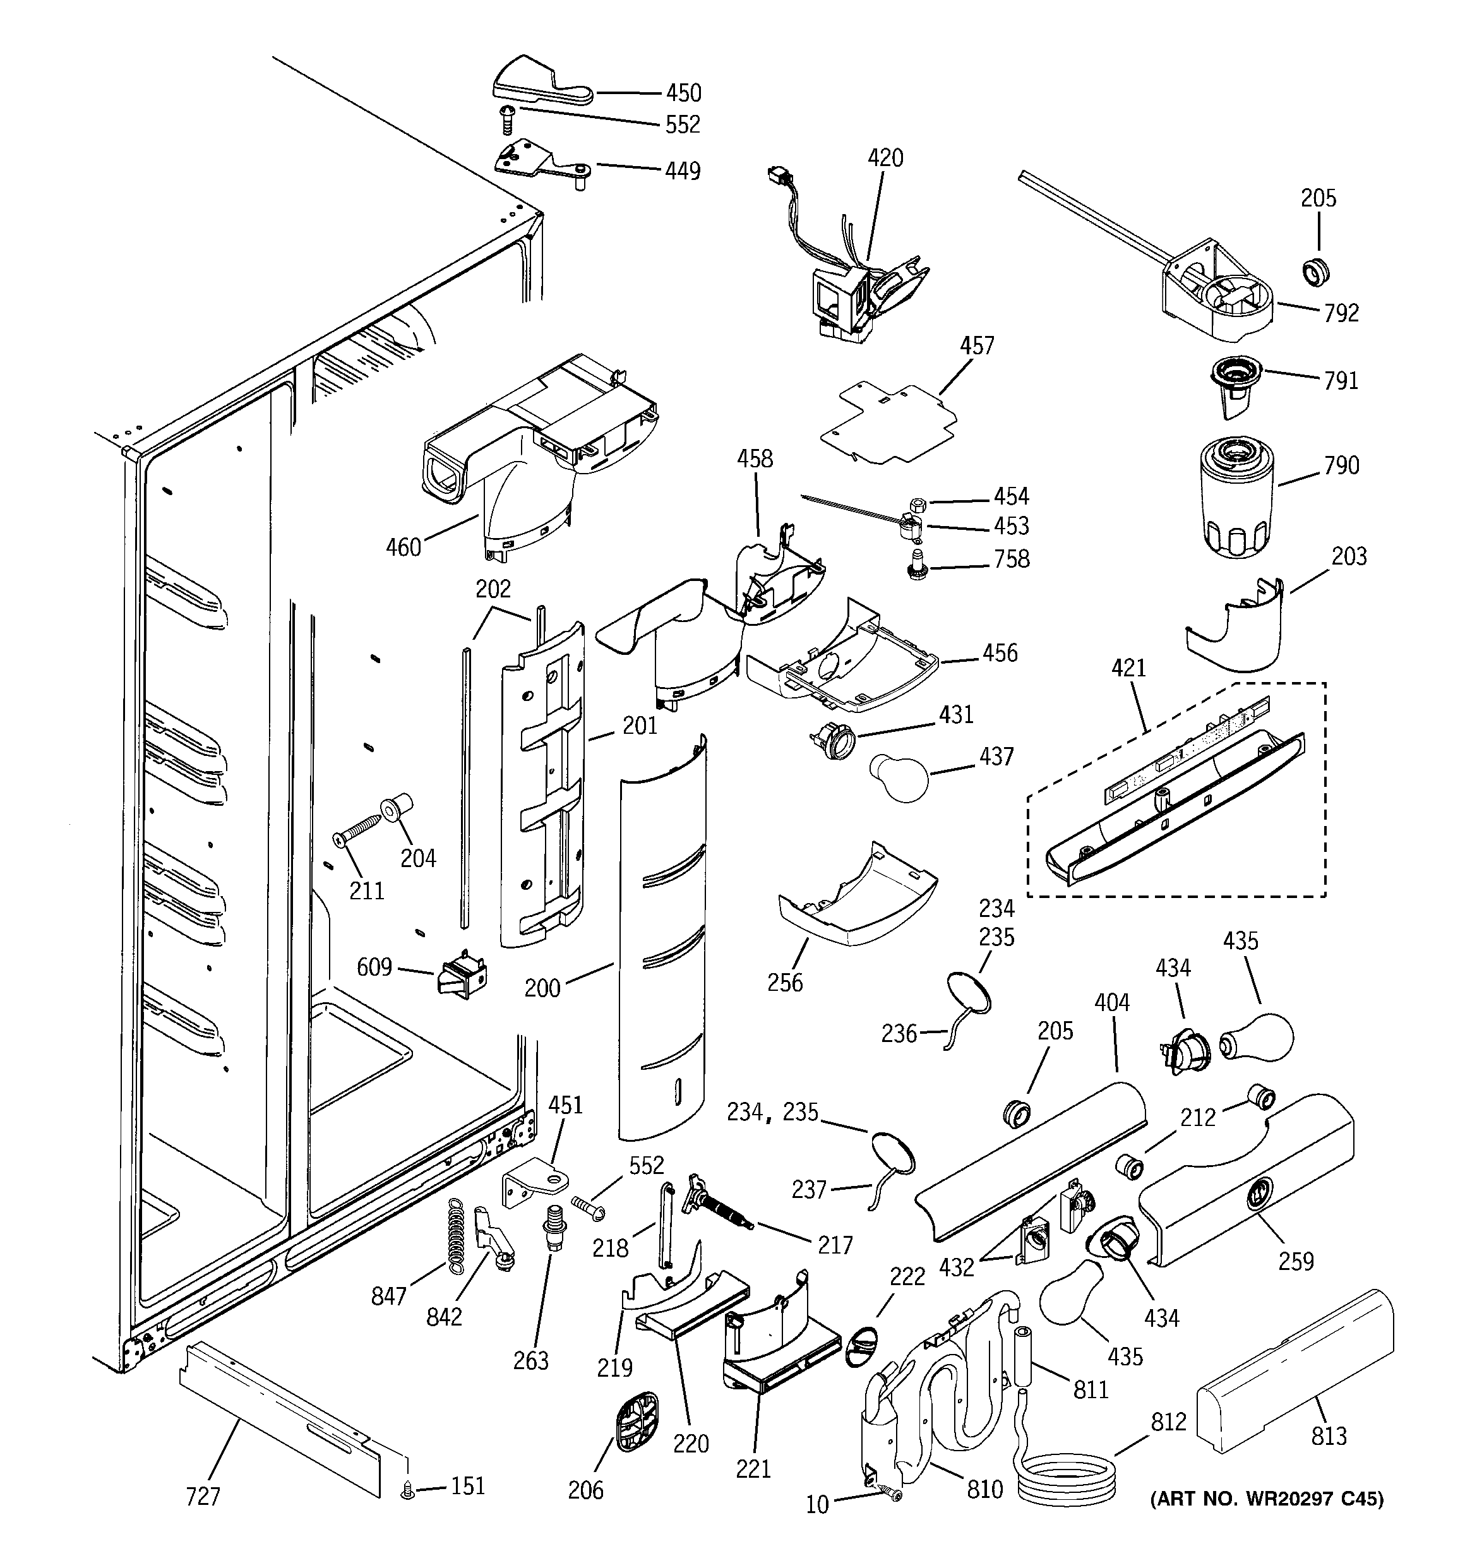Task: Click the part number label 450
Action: (x=683, y=93)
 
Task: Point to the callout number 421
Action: (x=1128, y=668)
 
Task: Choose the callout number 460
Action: (x=404, y=546)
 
